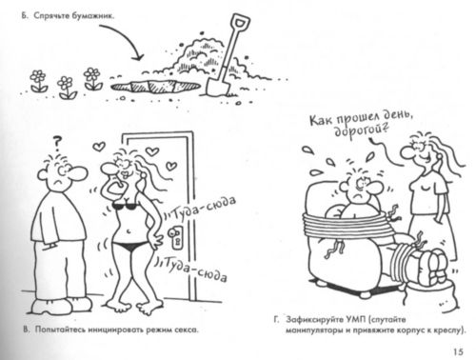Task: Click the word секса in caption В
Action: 202,330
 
